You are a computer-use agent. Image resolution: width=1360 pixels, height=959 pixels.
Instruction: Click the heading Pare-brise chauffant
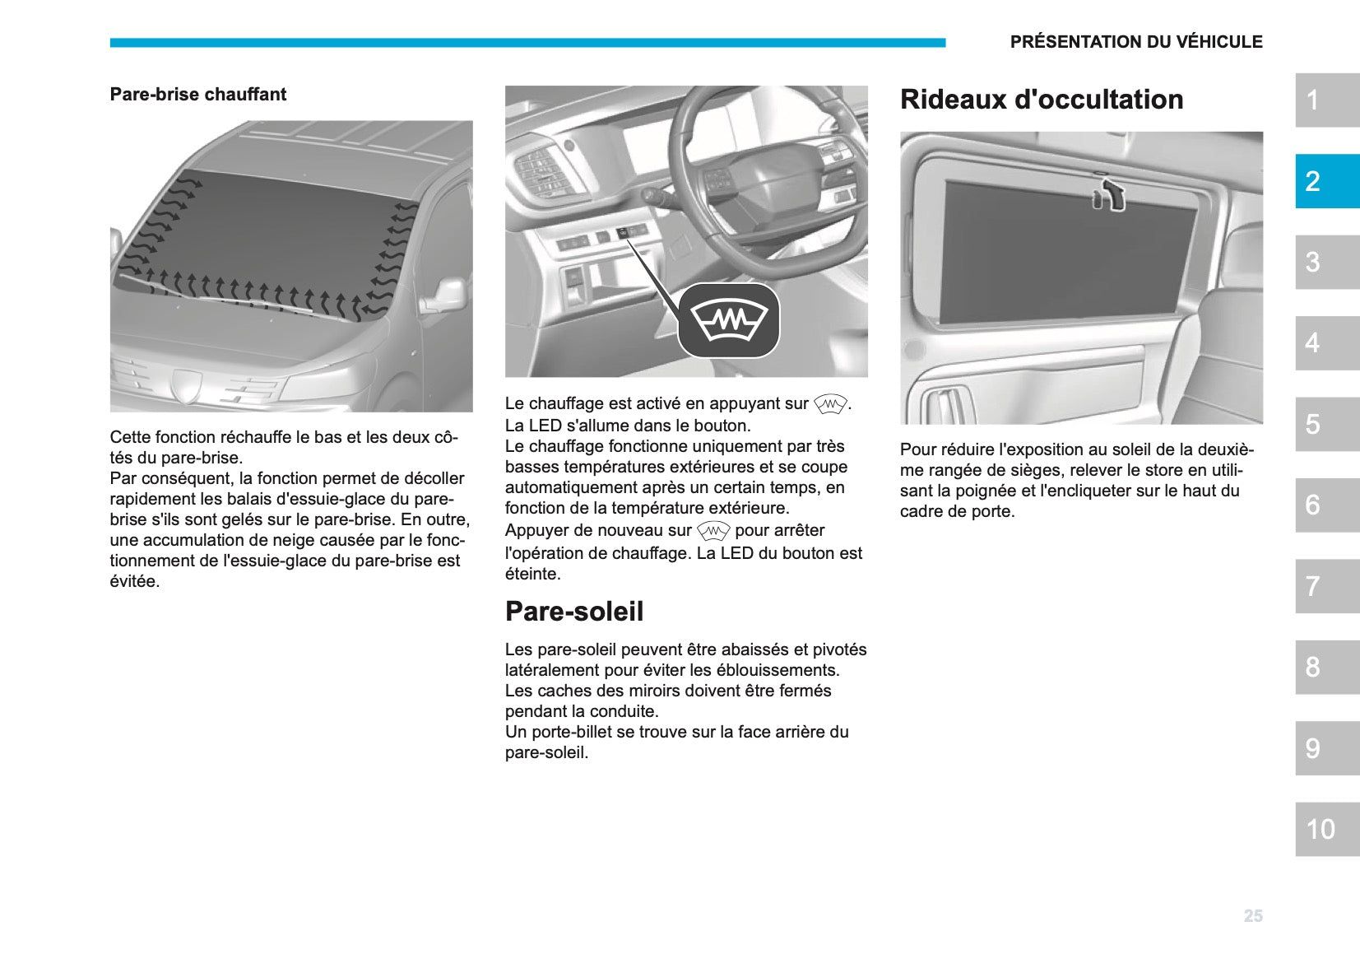tap(198, 94)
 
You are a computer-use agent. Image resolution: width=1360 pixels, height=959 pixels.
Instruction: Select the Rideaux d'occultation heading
tap(1042, 99)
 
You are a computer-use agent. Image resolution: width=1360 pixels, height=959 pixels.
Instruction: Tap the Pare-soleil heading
tap(573, 611)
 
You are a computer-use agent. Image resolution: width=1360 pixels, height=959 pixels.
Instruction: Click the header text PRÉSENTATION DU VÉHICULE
tap(1136, 42)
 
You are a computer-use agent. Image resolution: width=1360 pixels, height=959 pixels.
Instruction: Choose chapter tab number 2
tap(1327, 181)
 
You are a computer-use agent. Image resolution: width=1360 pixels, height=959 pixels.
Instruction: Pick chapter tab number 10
tap(1327, 829)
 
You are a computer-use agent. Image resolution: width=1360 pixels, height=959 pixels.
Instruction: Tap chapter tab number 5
tap(1327, 424)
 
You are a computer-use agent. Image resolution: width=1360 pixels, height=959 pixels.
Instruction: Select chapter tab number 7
tap(1327, 586)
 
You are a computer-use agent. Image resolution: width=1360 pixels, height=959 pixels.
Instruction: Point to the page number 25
tap(1252, 916)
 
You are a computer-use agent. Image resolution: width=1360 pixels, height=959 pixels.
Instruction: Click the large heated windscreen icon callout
tap(729, 320)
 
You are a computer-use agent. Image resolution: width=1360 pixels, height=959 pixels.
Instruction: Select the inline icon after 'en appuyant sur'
tap(830, 404)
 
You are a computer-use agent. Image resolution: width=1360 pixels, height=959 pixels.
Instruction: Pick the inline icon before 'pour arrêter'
tap(713, 531)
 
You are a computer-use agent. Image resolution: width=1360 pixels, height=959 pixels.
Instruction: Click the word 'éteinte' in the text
tap(531, 574)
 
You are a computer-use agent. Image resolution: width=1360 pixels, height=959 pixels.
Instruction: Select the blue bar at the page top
tap(527, 43)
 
